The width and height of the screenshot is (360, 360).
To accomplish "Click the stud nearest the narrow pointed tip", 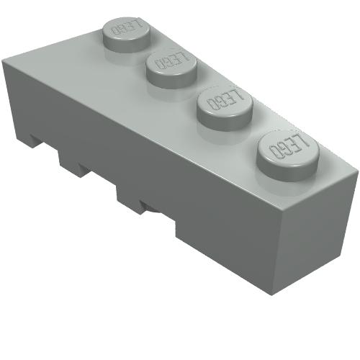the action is pyautogui.click(x=127, y=34).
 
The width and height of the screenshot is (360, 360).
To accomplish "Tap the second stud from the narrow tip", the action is pyautogui.click(x=172, y=67).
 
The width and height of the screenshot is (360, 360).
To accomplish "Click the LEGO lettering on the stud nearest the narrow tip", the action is pyautogui.click(x=127, y=27).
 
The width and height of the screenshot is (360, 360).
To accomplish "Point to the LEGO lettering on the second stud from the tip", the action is pyautogui.click(x=171, y=60).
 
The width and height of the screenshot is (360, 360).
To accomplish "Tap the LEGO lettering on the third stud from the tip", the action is pyautogui.click(x=225, y=99).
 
